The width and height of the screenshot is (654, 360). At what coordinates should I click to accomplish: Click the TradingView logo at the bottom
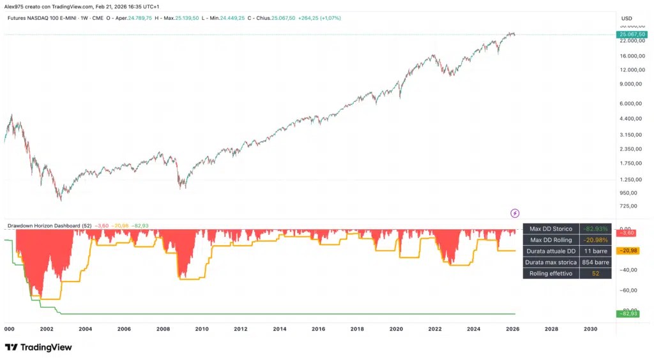click(x=38, y=347)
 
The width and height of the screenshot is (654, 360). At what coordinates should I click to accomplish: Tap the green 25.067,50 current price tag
click(x=632, y=34)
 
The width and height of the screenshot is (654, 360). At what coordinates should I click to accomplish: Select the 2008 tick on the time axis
click(x=163, y=329)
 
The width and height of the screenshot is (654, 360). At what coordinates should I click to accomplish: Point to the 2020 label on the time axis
click(x=396, y=329)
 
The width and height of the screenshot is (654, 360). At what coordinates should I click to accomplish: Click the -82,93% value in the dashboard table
click(x=595, y=229)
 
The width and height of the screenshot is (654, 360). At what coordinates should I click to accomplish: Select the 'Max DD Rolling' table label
click(x=551, y=240)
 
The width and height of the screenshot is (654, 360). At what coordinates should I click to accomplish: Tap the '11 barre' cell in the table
click(x=596, y=251)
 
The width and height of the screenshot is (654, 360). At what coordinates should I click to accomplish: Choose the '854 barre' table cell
click(x=596, y=262)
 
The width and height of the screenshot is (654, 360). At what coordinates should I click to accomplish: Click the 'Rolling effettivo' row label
click(x=551, y=274)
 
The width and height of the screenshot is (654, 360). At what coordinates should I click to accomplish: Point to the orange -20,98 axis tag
click(x=628, y=250)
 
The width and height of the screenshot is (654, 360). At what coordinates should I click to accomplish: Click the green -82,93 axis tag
click(x=628, y=313)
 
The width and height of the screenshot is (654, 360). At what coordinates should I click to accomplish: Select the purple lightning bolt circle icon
click(x=515, y=213)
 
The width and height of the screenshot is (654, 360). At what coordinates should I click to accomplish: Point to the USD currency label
click(x=627, y=19)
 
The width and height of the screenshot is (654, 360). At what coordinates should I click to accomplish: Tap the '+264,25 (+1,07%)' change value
click(x=319, y=19)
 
